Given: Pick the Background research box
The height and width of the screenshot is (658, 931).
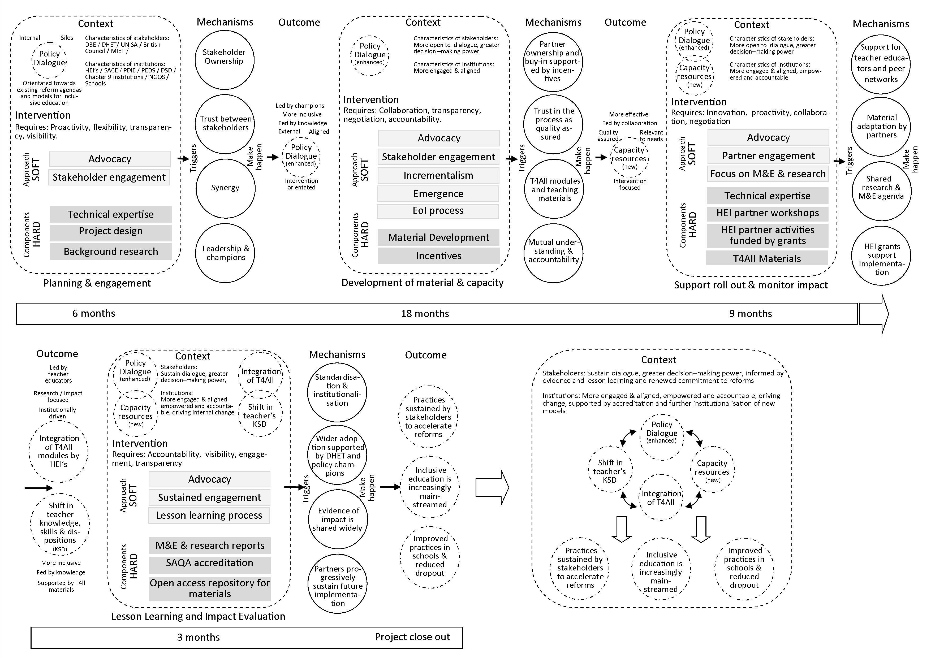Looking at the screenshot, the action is (x=111, y=251).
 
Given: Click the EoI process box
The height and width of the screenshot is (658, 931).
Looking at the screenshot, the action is (x=438, y=211).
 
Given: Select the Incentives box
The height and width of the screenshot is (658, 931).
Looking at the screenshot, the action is (x=439, y=256).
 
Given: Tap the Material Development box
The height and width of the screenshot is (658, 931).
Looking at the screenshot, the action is (x=439, y=237).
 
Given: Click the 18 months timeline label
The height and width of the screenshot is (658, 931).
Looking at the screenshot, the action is (x=425, y=313).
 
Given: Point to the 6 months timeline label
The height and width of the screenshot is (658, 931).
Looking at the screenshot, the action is (x=94, y=313).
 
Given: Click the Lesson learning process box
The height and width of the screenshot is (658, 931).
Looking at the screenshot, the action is (x=209, y=515).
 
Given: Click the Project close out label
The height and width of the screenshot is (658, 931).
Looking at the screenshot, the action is (x=412, y=637).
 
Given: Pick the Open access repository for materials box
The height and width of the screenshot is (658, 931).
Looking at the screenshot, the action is (x=210, y=588).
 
